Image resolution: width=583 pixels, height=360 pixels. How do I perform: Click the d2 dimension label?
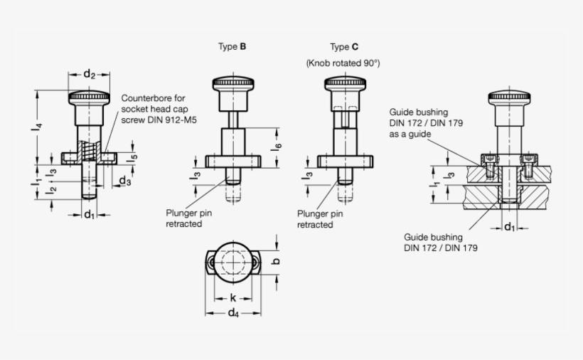(x=90, y=73)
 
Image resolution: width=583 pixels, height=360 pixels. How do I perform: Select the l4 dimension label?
(x=41, y=128)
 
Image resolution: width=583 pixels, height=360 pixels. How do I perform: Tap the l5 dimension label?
(x=133, y=157)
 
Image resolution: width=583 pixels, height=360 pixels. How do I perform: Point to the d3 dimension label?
(x=125, y=181)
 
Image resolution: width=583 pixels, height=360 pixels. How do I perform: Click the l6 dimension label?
(x=278, y=147)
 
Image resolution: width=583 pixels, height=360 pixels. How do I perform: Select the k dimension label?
(x=232, y=298)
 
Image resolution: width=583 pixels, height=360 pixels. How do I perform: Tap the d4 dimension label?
(x=232, y=315)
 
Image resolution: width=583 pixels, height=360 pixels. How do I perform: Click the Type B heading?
(x=232, y=47)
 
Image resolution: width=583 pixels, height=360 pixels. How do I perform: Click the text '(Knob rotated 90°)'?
(x=343, y=63)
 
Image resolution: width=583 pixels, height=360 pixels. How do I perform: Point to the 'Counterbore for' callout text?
(x=153, y=98)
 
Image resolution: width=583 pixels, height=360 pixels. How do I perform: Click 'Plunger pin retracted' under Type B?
(x=188, y=218)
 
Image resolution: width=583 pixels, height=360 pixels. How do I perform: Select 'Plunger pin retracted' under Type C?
(x=320, y=218)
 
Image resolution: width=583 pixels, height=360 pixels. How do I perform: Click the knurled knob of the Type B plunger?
(x=232, y=85)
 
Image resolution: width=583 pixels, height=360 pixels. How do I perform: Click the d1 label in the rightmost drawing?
(x=509, y=227)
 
